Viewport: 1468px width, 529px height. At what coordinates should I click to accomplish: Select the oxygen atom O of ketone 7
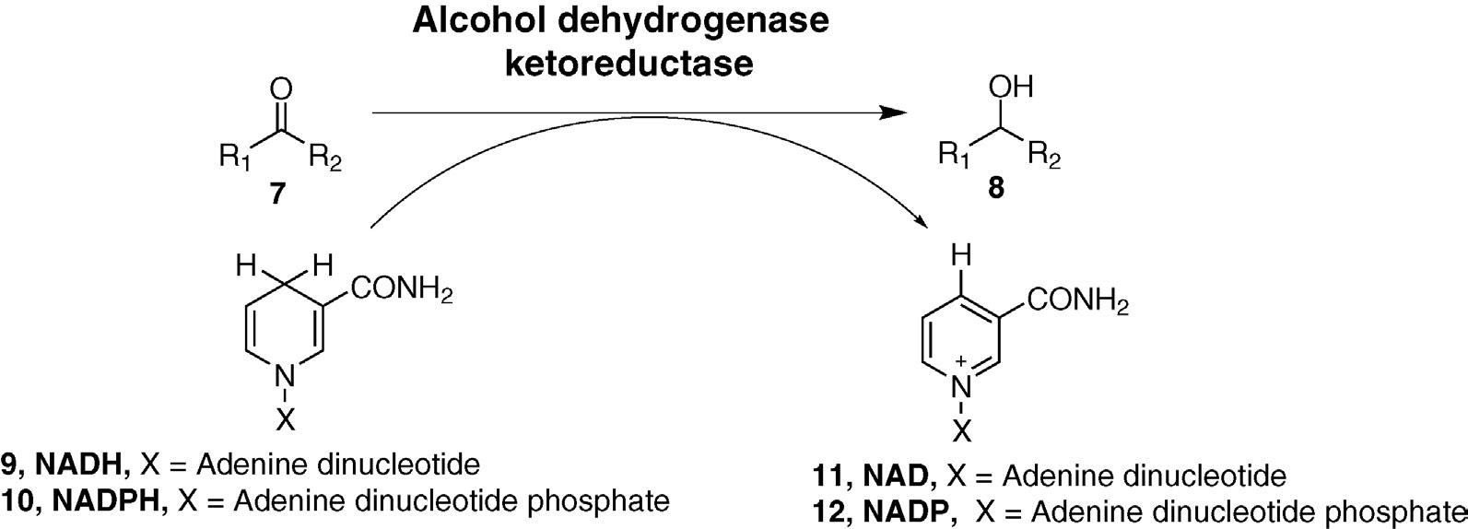click(283, 89)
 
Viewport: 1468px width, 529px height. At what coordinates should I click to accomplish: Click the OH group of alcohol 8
click(1010, 88)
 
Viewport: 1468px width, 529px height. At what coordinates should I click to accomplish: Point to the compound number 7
click(277, 194)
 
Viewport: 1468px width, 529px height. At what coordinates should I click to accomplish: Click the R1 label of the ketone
click(232, 158)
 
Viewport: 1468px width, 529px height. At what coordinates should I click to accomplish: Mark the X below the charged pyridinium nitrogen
click(962, 429)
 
